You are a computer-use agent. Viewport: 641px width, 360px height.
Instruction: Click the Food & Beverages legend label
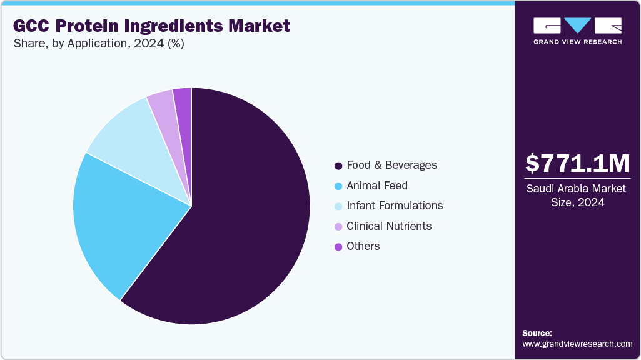(x=391, y=166)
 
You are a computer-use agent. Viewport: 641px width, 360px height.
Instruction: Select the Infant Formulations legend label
(x=394, y=206)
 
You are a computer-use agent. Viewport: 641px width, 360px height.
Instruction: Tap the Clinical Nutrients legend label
(x=388, y=226)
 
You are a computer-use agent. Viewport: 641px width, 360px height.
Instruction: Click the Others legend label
(x=363, y=246)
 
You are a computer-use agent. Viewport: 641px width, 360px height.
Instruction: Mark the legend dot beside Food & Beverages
(x=338, y=166)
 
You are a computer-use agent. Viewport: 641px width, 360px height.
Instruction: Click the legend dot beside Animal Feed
(x=338, y=186)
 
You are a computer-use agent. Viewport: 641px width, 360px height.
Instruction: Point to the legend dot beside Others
(x=338, y=247)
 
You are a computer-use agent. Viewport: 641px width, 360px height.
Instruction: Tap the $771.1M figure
(x=577, y=163)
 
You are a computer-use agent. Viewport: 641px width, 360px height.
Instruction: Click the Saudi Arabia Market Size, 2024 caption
(x=577, y=196)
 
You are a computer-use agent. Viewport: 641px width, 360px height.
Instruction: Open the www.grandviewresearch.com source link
(x=577, y=344)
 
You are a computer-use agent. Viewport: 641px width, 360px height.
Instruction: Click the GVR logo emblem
(x=577, y=26)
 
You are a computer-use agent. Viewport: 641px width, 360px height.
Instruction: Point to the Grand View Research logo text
(x=577, y=42)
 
